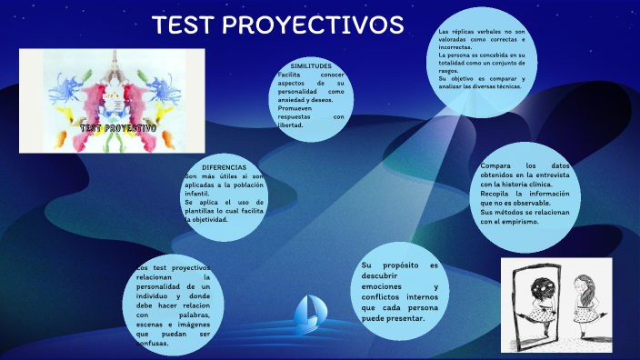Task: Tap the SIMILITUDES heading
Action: [x=310, y=67]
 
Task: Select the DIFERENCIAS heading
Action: [x=224, y=168]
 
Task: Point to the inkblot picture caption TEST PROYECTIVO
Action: [x=118, y=128]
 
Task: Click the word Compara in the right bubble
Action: [x=498, y=166]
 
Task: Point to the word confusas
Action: [x=155, y=344]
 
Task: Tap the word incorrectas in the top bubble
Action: [x=455, y=47]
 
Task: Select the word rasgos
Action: [x=449, y=72]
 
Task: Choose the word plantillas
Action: [x=205, y=211]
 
